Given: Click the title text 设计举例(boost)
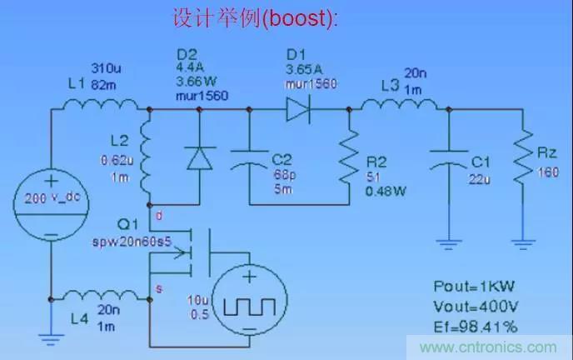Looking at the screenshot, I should tap(255, 17).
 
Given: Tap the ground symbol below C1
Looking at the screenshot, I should tap(449, 245).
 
